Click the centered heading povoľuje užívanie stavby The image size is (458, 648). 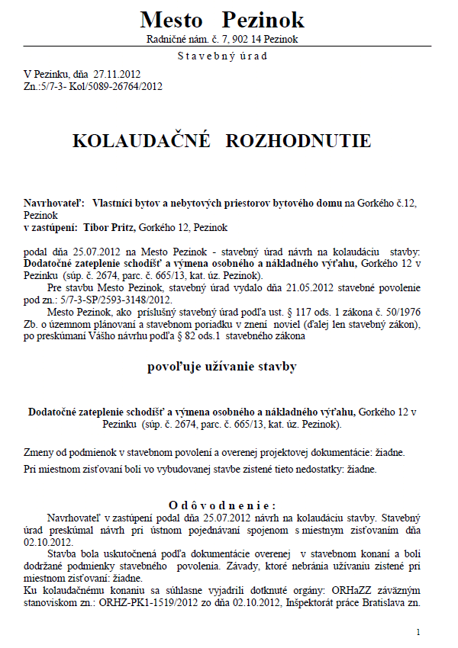(x=221, y=367)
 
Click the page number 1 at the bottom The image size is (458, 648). (x=418, y=632)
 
